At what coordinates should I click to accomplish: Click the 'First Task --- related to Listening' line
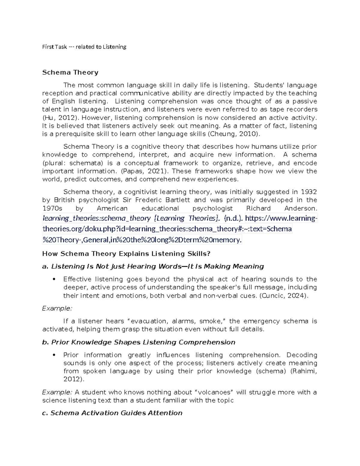point(84,47)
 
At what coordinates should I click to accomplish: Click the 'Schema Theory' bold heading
point(70,72)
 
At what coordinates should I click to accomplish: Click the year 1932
point(309,192)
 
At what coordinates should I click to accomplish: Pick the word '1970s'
point(51,208)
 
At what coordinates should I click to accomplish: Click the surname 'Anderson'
point(299,208)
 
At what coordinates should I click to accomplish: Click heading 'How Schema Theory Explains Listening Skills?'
point(126,254)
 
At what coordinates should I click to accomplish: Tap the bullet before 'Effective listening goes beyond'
point(54,279)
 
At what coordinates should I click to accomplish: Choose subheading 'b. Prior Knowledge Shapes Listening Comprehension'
point(139,342)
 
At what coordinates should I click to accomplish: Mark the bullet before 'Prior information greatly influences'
point(54,355)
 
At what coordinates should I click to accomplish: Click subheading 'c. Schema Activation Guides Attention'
point(112,413)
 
